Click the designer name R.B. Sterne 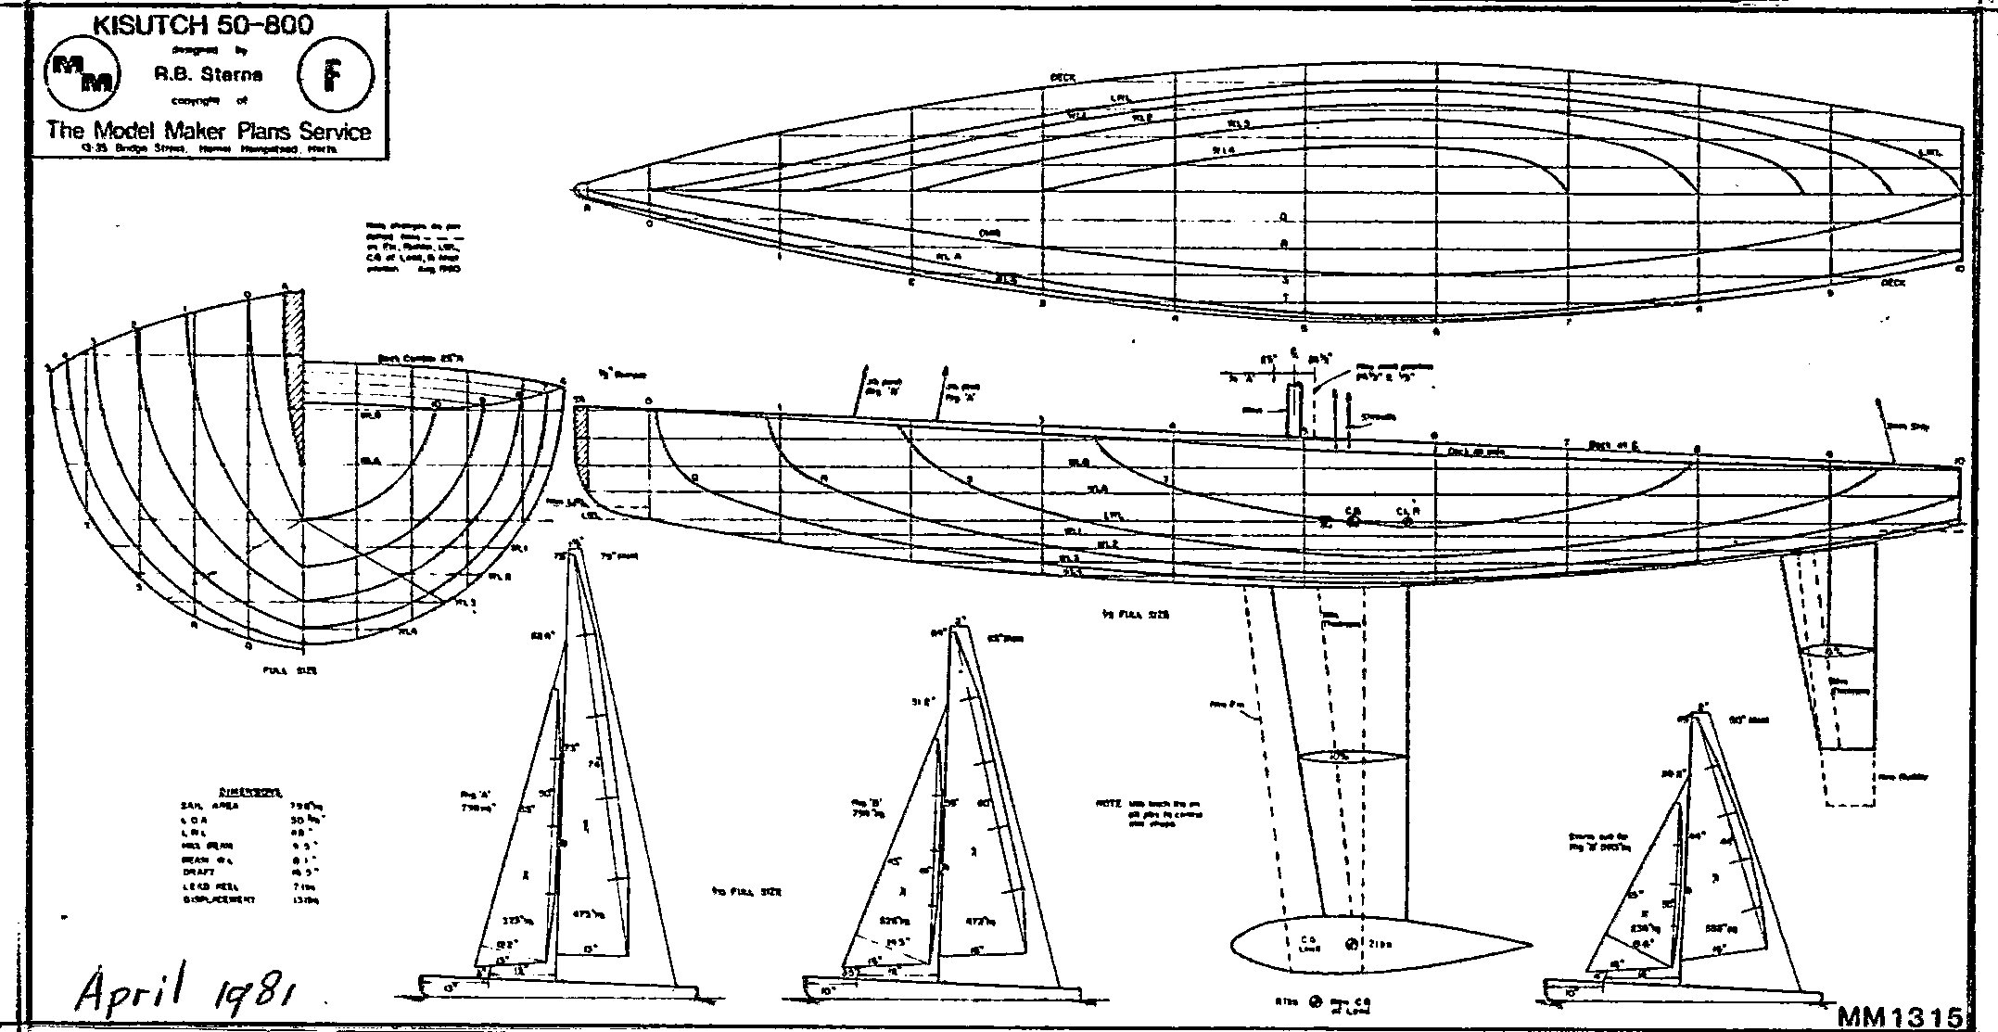209,75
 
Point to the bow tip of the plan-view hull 579,190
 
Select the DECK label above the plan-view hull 1062,78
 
